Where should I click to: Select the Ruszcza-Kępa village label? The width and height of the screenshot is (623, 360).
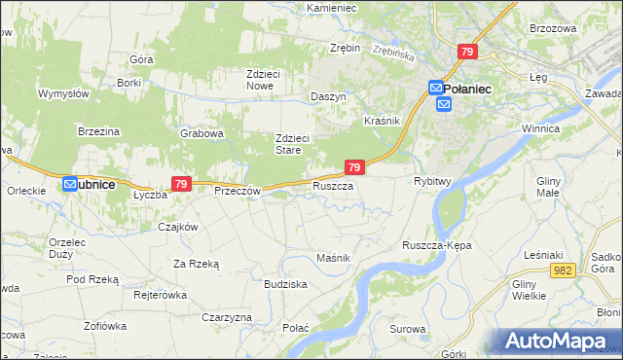[x=436, y=245]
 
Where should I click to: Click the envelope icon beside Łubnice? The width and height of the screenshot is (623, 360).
[x=70, y=183]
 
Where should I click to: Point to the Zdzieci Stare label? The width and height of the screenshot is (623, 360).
[x=292, y=144]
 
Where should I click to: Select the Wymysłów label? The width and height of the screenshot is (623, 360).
[x=63, y=93]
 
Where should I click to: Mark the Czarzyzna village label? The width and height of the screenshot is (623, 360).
[x=227, y=317]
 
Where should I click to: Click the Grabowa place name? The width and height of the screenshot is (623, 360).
[x=202, y=133]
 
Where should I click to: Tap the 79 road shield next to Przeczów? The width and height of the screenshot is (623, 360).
[x=180, y=183]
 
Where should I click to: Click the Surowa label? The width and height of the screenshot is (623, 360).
[x=408, y=330]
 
